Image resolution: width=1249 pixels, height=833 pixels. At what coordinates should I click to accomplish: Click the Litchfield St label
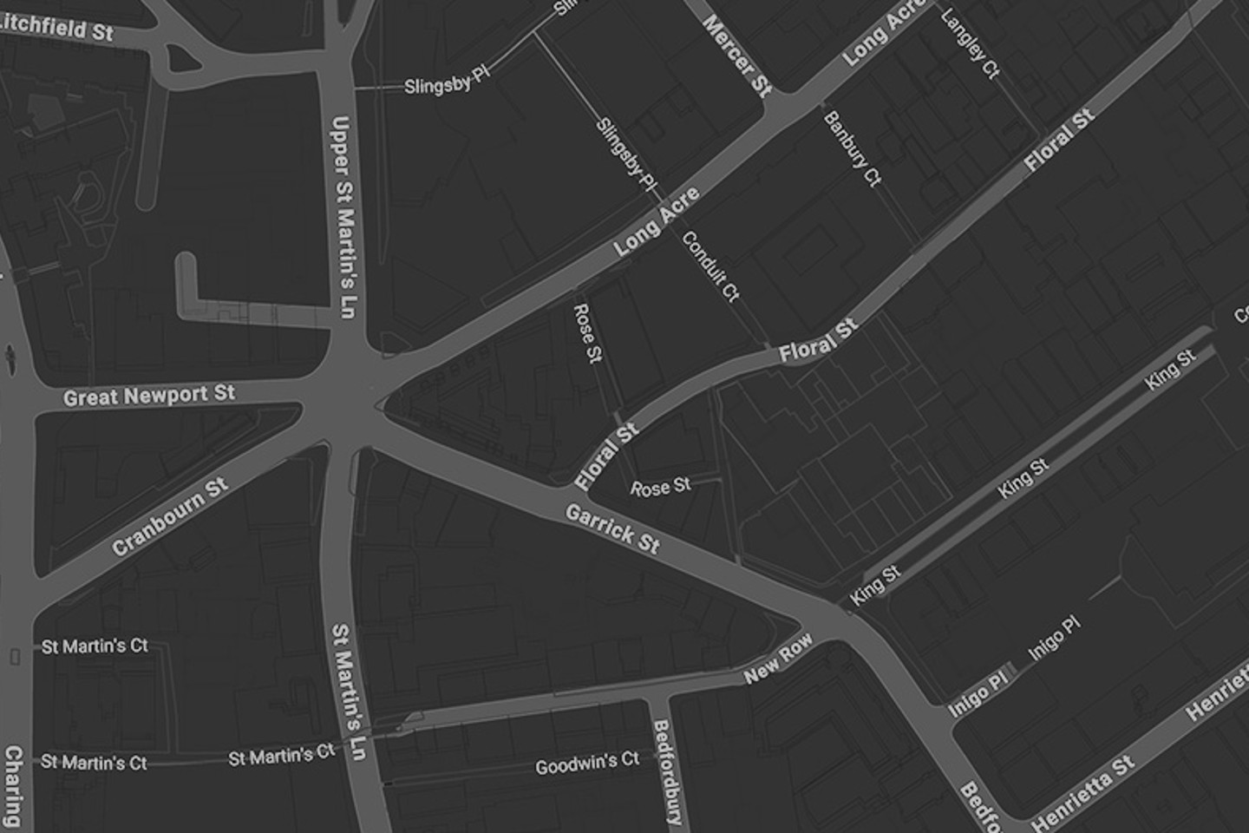(56, 26)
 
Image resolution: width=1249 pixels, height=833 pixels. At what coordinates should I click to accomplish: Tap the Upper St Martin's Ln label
(344, 217)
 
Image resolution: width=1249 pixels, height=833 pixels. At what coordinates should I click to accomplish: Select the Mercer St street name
(737, 56)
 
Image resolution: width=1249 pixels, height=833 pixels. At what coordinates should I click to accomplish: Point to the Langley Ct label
(971, 43)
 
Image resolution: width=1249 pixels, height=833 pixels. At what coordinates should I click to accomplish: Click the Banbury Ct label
(852, 149)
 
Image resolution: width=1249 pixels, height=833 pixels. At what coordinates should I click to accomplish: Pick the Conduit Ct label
(710, 266)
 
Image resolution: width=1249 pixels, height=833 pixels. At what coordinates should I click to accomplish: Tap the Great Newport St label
(149, 396)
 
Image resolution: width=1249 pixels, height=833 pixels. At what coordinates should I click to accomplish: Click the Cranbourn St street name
(170, 517)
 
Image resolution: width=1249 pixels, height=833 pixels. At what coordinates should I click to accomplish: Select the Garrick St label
(612, 528)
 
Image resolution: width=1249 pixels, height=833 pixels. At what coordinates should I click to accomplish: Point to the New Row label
(778, 658)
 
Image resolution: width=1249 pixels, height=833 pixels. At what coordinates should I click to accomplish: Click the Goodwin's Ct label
(587, 764)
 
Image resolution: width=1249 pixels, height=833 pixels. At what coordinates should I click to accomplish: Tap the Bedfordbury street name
(666, 772)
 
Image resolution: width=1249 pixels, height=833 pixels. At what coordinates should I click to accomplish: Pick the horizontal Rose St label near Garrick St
(661, 487)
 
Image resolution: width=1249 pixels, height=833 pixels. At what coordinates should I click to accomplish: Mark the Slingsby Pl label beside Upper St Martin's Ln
(447, 82)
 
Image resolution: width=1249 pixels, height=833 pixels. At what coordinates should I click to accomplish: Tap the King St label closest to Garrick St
(875, 586)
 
